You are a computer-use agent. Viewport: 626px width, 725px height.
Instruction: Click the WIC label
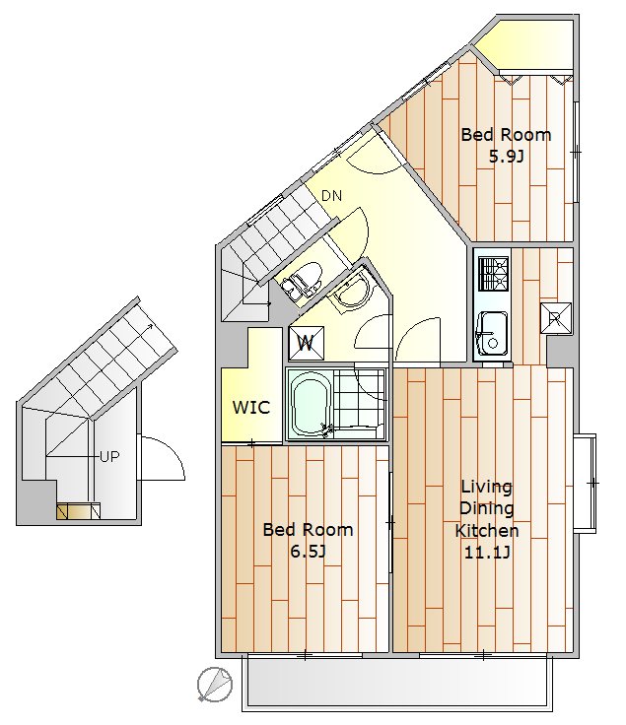251,408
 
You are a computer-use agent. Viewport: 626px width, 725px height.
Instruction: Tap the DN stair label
332,196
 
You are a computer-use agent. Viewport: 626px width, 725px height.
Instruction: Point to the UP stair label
109,457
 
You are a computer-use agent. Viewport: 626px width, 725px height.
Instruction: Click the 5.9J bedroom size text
506,157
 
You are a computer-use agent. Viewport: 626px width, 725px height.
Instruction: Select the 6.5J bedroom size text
309,552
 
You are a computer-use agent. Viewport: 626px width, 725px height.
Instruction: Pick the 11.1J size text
487,552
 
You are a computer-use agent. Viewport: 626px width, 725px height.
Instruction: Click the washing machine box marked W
306,343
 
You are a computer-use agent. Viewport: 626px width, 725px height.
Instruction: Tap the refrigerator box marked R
556,317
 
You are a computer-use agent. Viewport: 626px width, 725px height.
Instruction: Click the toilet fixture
302,280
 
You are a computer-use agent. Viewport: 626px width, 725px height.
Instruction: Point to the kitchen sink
492,334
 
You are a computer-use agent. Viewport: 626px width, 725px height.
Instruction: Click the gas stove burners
493,274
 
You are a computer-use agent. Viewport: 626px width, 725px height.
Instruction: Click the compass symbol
215,685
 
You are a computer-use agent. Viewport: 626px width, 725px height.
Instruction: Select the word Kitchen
487,530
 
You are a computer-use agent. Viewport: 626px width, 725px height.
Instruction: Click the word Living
486,487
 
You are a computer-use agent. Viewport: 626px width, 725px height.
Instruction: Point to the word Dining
487,508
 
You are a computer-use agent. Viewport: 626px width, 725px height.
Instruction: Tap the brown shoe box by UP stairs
78,511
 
